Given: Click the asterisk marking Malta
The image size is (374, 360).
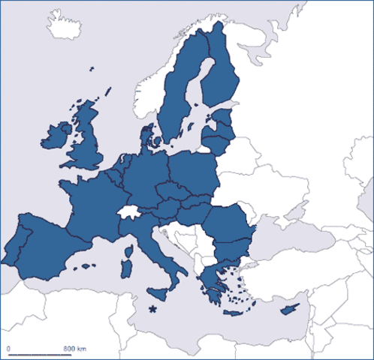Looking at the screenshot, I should tap(153, 308).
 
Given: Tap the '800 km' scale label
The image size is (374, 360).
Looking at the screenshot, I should tap(74, 349).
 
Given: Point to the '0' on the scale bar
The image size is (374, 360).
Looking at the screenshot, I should tap(8, 349).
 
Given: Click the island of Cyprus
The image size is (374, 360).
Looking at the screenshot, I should tap(287, 308).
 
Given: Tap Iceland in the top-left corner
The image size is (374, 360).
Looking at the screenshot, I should tap(66, 25).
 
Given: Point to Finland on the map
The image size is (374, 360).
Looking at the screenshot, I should tap(221, 75).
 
